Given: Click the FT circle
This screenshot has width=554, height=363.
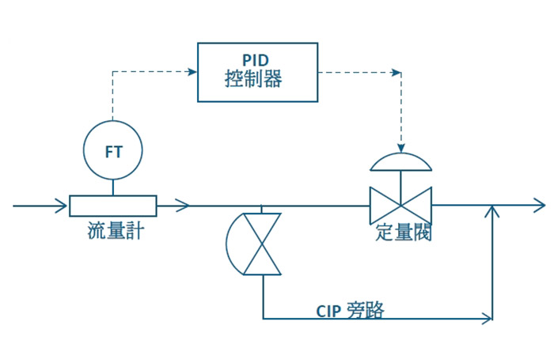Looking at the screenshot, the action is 83,150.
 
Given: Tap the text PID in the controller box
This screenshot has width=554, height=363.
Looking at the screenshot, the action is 256,60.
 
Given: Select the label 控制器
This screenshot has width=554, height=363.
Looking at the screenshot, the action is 253,78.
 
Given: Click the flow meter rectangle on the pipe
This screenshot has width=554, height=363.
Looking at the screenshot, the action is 113,196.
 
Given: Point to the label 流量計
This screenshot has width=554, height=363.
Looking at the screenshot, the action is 116,231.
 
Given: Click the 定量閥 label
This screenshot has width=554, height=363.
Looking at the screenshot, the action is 403,233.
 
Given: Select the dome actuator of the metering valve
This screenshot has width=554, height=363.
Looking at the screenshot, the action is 400,170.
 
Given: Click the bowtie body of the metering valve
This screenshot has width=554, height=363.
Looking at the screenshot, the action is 400,205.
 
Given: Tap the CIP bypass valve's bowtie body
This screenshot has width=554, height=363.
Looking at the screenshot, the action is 263,244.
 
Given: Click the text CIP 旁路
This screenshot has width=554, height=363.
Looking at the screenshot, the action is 350,310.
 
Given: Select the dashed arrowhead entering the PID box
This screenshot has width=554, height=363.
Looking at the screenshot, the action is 192,72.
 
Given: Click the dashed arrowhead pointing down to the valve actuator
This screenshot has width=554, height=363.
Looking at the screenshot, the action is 401,148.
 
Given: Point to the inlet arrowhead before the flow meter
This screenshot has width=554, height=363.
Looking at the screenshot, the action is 61,206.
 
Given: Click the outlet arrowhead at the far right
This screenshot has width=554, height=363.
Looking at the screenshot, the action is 540,205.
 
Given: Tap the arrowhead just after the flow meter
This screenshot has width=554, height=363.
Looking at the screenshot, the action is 183,206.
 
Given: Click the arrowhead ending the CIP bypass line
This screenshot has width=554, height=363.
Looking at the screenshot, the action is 487,319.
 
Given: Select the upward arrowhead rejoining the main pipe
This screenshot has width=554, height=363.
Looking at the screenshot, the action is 492,211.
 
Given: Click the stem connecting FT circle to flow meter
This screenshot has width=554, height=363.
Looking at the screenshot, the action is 113,187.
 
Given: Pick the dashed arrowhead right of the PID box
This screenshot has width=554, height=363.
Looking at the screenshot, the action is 397,73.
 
